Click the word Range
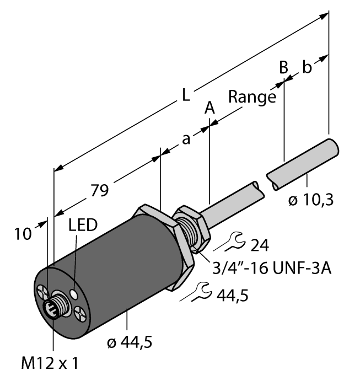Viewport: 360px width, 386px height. click(252, 98)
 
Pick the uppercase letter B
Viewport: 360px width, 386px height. click(283, 67)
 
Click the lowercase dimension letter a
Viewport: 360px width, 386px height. click(186, 140)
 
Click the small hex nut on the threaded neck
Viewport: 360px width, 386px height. click(191, 227)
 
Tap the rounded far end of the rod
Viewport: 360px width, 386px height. click(332, 148)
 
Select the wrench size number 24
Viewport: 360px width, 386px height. click(260, 243)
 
